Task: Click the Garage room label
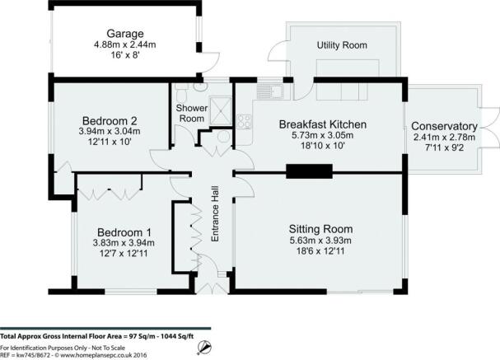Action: coord(125,34)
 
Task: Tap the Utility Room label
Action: coord(342,45)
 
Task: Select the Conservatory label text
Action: coord(444,126)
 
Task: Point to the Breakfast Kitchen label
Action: coord(323,124)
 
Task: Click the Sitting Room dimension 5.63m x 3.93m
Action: coord(320,240)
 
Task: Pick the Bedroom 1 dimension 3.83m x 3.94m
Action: coord(124,243)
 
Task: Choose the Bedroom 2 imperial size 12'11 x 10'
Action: coord(110,142)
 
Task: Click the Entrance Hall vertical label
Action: coord(216,214)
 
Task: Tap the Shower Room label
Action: coord(192,113)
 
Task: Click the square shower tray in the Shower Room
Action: coord(222,111)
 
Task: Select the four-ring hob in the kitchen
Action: coord(245,121)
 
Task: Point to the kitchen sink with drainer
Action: coord(270,92)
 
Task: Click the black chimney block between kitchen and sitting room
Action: coord(310,171)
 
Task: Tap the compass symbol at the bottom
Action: coord(204,348)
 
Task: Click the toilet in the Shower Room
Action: coord(181,95)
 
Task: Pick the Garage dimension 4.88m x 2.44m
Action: coord(125,44)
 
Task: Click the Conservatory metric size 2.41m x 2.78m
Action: coord(444,138)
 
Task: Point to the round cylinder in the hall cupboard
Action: coord(224,137)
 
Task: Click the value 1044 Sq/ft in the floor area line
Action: coord(177,336)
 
